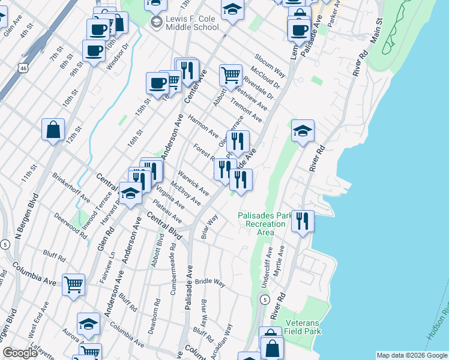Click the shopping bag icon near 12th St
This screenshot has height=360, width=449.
tap(53, 129)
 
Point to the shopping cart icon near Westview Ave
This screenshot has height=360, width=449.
tap(230, 75)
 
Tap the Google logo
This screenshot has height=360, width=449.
tap(20, 353)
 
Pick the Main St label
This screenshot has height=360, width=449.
tap(378, 29)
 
